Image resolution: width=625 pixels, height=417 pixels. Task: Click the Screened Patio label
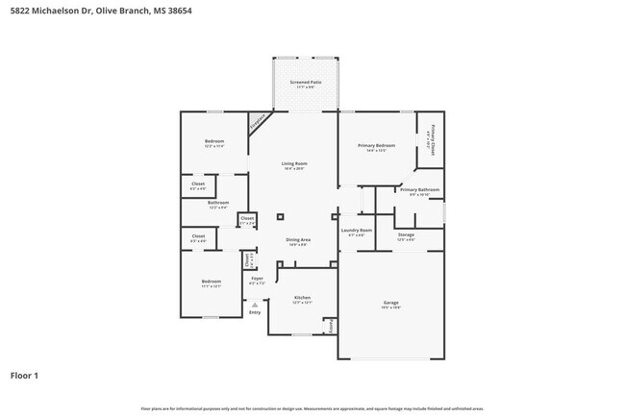(306, 83)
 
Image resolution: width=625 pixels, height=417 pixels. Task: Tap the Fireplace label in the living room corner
(258, 123)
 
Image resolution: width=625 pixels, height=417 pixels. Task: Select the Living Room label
(293, 164)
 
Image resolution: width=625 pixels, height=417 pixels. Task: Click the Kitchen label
(302, 299)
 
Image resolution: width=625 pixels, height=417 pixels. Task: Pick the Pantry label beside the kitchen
(333, 327)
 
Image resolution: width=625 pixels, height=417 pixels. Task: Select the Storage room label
(406, 234)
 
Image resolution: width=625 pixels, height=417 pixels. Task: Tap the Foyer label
(256, 279)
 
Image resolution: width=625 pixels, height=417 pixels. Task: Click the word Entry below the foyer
(255, 312)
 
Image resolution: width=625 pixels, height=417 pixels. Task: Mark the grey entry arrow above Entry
(255, 304)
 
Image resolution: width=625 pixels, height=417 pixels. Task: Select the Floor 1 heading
(25, 375)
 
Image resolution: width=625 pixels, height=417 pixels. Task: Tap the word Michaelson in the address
(54, 10)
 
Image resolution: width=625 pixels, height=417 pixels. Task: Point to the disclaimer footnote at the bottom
(312, 408)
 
